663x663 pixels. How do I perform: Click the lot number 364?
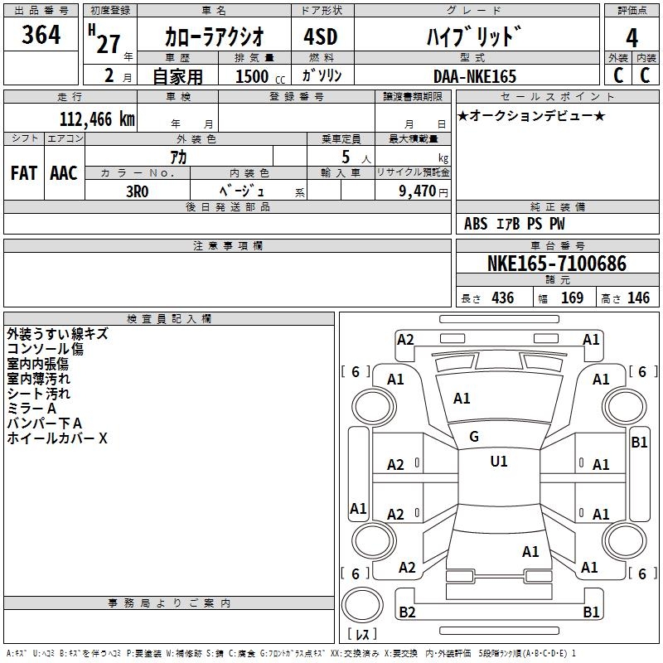[x=41, y=35]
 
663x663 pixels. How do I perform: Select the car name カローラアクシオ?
[x=215, y=36]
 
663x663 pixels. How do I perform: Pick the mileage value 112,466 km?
[x=97, y=119]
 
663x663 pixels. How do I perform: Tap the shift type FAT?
[x=24, y=172]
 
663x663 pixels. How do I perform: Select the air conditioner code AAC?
[x=64, y=172]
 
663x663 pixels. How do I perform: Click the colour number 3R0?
[x=137, y=191]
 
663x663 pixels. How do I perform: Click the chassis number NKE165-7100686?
[x=556, y=264]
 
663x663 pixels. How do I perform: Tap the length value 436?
[x=502, y=298]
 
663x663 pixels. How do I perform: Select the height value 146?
[x=638, y=298]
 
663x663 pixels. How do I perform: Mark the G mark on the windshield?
[x=474, y=436]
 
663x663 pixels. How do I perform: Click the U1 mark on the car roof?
[x=498, y=461]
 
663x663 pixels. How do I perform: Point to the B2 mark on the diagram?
[x=407, y=612]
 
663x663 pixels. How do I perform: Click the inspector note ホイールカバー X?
[x=57, y=438]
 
